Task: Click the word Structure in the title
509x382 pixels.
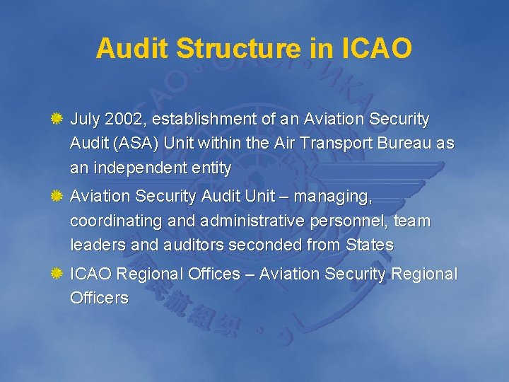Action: [238, 48]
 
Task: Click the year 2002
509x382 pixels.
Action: [122, 119]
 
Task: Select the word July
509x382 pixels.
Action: [85, 119]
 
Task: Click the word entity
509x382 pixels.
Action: [211, 168]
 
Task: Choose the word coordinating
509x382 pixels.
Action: [116, 221]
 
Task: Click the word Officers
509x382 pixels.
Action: [99, 298]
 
